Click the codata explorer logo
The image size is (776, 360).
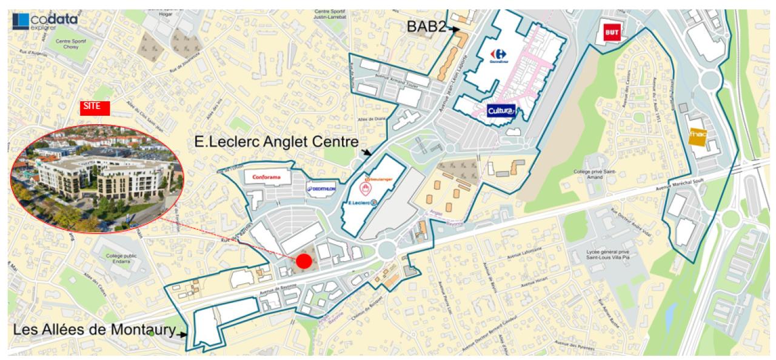[x=45, y=22]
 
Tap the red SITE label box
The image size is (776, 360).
[x=95, y=108]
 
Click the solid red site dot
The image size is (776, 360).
[x=304, y=261]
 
